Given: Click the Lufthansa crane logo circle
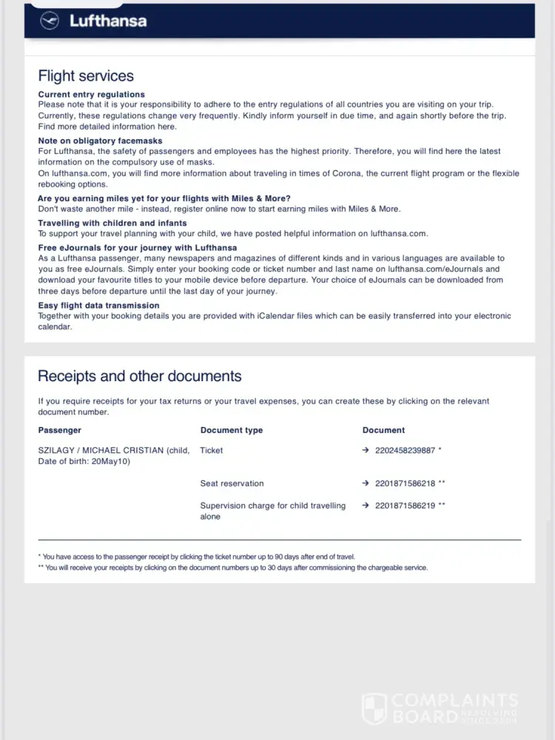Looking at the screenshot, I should tap(50, 21).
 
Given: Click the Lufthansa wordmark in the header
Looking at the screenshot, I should tap(108, 21).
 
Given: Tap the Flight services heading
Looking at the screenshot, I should tap(86, 76).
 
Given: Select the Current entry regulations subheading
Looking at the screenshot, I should tap(91, 95).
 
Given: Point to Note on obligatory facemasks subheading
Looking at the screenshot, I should tap(100, 141).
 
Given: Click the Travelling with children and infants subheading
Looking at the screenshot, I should tap(112, 223).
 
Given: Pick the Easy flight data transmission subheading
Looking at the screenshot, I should tap(98, 305).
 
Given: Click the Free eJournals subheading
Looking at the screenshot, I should tap(137, 247).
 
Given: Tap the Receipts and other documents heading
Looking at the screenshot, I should tap(139, 376).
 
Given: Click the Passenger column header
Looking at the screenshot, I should tap(59, 430).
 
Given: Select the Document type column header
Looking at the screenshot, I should tap(231, 430).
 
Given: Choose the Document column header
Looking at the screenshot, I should tap(383, 430).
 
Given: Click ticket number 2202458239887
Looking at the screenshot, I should tap(405, 450).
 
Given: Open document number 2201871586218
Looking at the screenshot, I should tap(405, 483).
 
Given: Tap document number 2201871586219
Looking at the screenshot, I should tap(405, 505).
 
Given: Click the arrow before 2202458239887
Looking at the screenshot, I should tap(366, 450).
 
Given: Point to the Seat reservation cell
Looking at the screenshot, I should tap(232, 483).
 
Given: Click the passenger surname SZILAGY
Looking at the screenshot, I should tap(56, 450).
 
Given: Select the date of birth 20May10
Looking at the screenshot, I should tap(112, 461).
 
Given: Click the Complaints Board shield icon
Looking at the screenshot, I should tap(374, 708).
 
